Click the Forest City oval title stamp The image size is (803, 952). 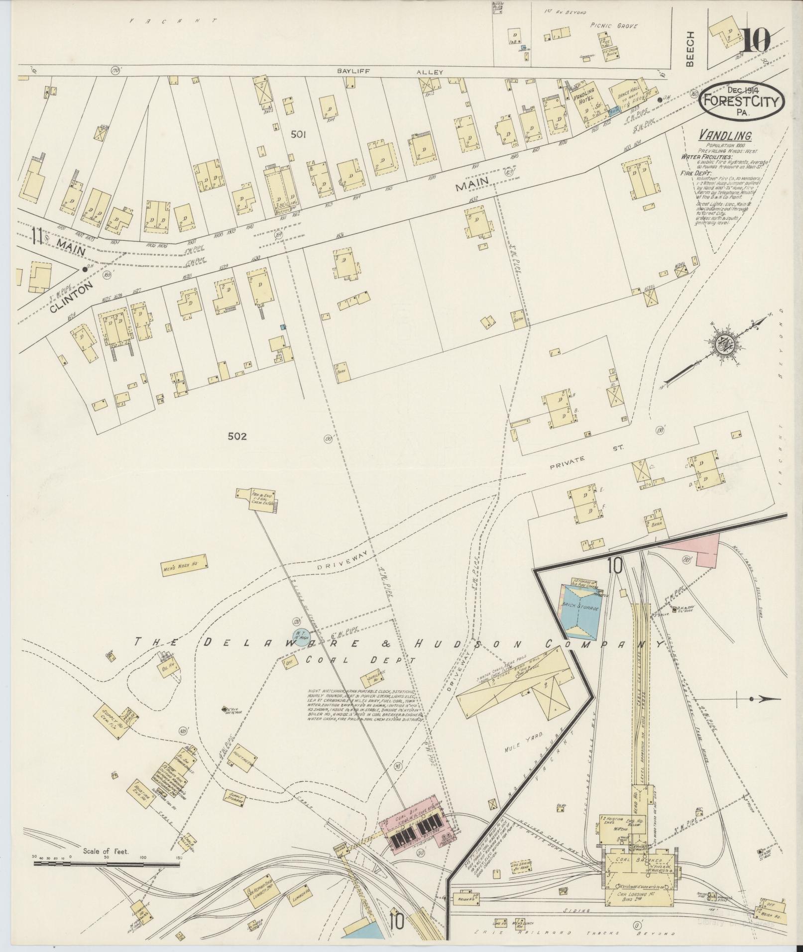pos(741,102)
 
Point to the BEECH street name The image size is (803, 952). pos(690,48)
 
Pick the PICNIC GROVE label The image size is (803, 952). pos(613,26)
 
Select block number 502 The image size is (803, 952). pos(237,436)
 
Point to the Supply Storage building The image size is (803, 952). pos(235,801)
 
